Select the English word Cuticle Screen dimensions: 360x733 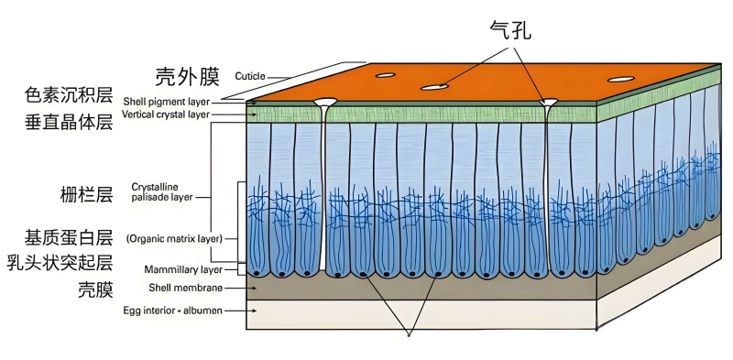(x=251, y=76)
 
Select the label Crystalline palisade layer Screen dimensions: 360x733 (x=161, y=191)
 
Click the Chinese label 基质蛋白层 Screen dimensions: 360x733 (x=70, y=238)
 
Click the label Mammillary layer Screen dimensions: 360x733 (x=182, y=270)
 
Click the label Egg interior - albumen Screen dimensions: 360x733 (x=172, y=311)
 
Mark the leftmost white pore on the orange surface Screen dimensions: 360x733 (x=385, y=75)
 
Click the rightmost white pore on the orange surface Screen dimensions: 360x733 (x=619, y=79)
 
